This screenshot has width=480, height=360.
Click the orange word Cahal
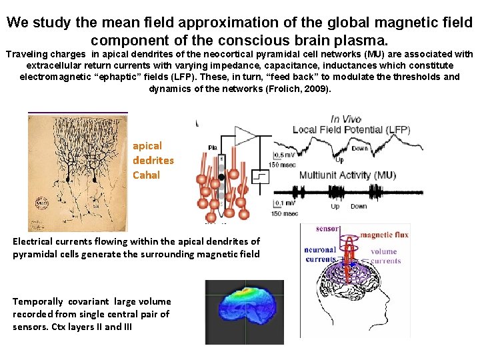[147, 175]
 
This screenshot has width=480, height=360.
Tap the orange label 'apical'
[147, 145]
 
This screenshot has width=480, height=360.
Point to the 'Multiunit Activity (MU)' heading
[347, 175]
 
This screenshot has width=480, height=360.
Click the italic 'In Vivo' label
[346, 119]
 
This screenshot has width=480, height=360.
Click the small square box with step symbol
[260, 177]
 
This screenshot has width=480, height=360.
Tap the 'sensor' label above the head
[327, 229]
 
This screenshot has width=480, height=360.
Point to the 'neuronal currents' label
[320, 255]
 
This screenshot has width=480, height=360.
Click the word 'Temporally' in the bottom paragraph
[39, 301]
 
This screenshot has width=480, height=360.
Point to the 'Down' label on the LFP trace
[360, 149]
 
